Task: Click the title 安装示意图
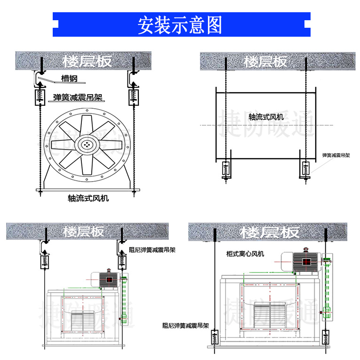click(x=180, y=25)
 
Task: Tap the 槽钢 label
click(x=69, y=78)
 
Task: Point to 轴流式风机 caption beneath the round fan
click(x=88, y=198)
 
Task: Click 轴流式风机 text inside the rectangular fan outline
click(x=266, y=116)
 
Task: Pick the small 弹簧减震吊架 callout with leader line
click(x=336, y=155)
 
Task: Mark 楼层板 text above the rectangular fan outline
click(x=266, y=61)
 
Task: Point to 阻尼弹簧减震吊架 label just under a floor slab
click(x=152, y=250)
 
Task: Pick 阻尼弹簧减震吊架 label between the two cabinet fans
click(x=185, y=325)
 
